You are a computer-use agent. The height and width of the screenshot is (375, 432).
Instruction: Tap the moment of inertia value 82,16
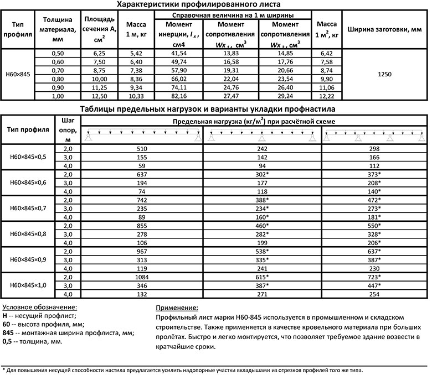coord(179,96)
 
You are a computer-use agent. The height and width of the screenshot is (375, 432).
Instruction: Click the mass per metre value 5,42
coord(136,53)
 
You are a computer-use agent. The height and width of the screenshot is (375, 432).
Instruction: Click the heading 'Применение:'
coord(177,308)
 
